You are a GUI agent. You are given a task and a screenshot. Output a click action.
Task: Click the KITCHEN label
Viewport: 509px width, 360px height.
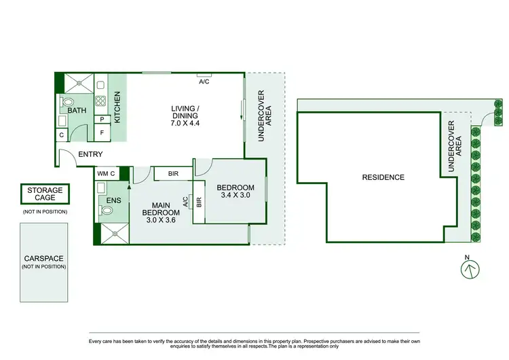[117, 107]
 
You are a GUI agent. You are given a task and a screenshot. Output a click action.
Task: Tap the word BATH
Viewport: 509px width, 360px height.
[77, 110]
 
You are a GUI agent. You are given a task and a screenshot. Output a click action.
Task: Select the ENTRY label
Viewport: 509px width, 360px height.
[90, 154]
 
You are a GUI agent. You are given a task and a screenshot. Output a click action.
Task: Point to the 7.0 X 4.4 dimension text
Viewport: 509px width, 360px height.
[185, 124]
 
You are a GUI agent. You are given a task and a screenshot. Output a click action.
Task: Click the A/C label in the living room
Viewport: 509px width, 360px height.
[204, 82]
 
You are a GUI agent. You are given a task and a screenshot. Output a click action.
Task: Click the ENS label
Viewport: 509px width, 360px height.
[114, 201]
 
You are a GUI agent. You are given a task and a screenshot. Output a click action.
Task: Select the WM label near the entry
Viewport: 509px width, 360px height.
[102, 173]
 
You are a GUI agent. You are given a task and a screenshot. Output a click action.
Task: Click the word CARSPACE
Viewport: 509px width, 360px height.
[43, 258]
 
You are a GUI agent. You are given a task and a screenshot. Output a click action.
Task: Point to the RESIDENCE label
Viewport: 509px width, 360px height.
[383, 177]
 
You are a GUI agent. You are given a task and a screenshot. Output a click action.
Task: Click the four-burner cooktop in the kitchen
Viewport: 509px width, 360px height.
[100, 103]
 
